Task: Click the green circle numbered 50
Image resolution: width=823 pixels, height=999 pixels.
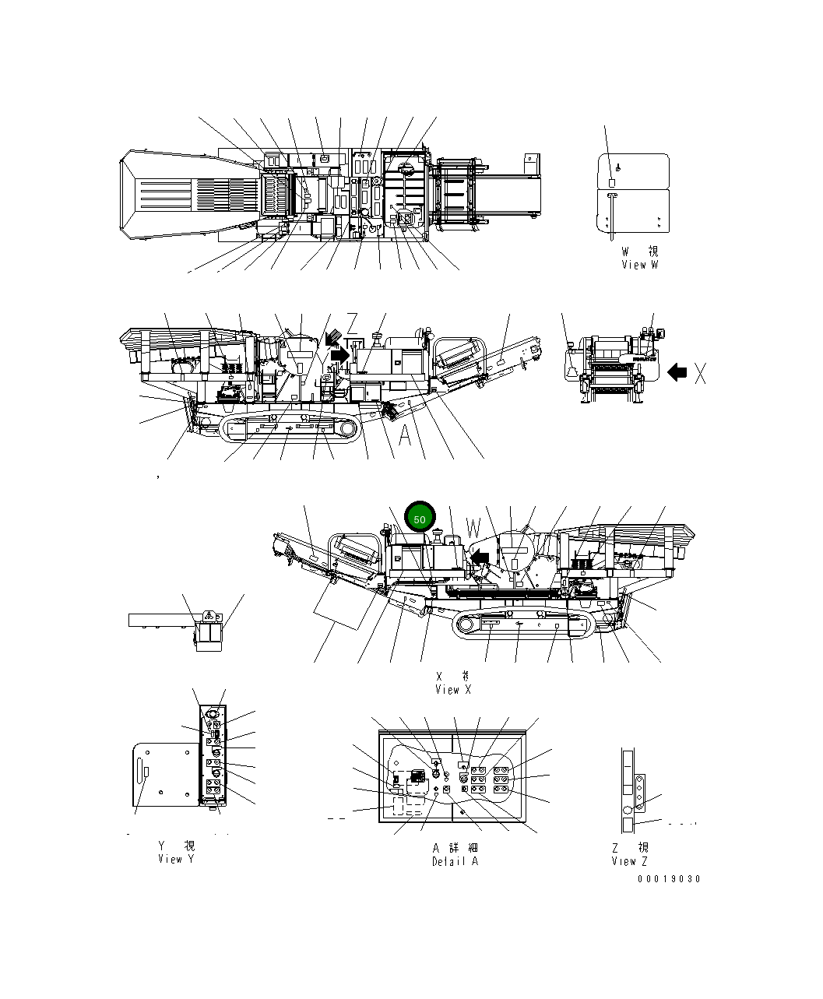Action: [x=419, y=519]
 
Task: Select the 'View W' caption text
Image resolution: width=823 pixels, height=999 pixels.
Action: [x=639, y=265]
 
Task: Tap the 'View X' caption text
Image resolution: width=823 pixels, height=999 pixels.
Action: [x=453, y=689]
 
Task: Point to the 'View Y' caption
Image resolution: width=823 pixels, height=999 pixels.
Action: [x=176, y=859]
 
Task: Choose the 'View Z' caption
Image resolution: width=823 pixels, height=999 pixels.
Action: [x=629, y=860]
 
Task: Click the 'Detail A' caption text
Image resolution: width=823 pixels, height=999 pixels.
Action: [x=455, y=861]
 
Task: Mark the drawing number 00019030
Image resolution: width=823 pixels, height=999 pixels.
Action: [x=669, y=879]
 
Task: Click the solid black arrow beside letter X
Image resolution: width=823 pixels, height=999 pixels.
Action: [x=677, y=373]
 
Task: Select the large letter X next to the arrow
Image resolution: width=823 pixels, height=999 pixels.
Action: [x=700, y=374]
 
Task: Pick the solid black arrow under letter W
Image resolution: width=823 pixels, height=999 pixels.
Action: [x=480, y=556]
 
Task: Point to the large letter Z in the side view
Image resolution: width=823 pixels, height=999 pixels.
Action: [x=352, y=323]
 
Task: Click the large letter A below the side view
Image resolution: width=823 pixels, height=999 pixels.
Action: [x=405, y=436]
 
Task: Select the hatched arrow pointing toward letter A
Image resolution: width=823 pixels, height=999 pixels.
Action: [x=389, y=410]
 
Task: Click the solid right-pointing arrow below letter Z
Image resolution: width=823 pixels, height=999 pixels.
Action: [x=340, y=354]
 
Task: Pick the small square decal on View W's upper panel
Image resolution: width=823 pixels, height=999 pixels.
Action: [x=612, y=181]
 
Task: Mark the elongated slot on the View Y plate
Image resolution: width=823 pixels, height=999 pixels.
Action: [x=146, y=771]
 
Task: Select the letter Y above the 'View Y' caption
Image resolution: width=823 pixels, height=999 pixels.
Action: [x=164, y=846]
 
